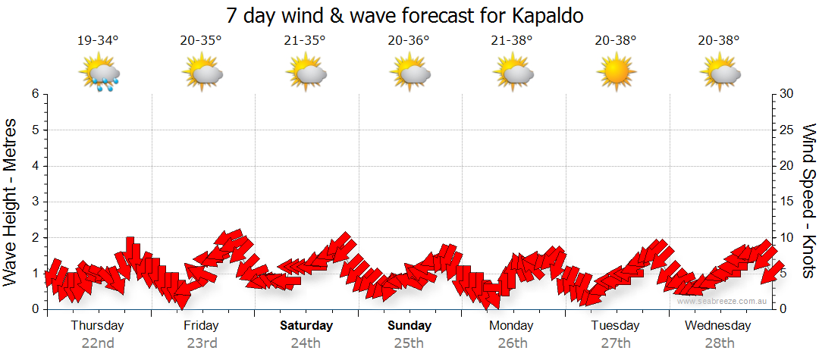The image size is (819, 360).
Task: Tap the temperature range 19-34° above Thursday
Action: [x=98, y=40]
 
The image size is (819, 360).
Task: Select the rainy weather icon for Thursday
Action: [x=99, y=74]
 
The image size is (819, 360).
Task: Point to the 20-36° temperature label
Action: [x=408, y=40]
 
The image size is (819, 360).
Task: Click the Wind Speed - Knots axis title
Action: [x=808, y=200]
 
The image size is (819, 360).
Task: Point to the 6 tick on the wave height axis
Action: [x=34, y=94]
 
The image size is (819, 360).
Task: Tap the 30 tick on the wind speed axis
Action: [x=786, y=94]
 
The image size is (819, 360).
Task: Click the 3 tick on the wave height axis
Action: [x=34, y=202]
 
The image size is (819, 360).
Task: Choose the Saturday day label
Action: [x=306, y=326]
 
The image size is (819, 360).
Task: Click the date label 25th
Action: [x=409, y=343]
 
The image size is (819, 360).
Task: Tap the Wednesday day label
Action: [x=717, y=326]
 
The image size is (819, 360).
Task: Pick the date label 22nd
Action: [x=98, y=343]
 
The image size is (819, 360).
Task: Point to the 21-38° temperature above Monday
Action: [x=512, y=40]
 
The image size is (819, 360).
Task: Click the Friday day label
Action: [x=201, y=326]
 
